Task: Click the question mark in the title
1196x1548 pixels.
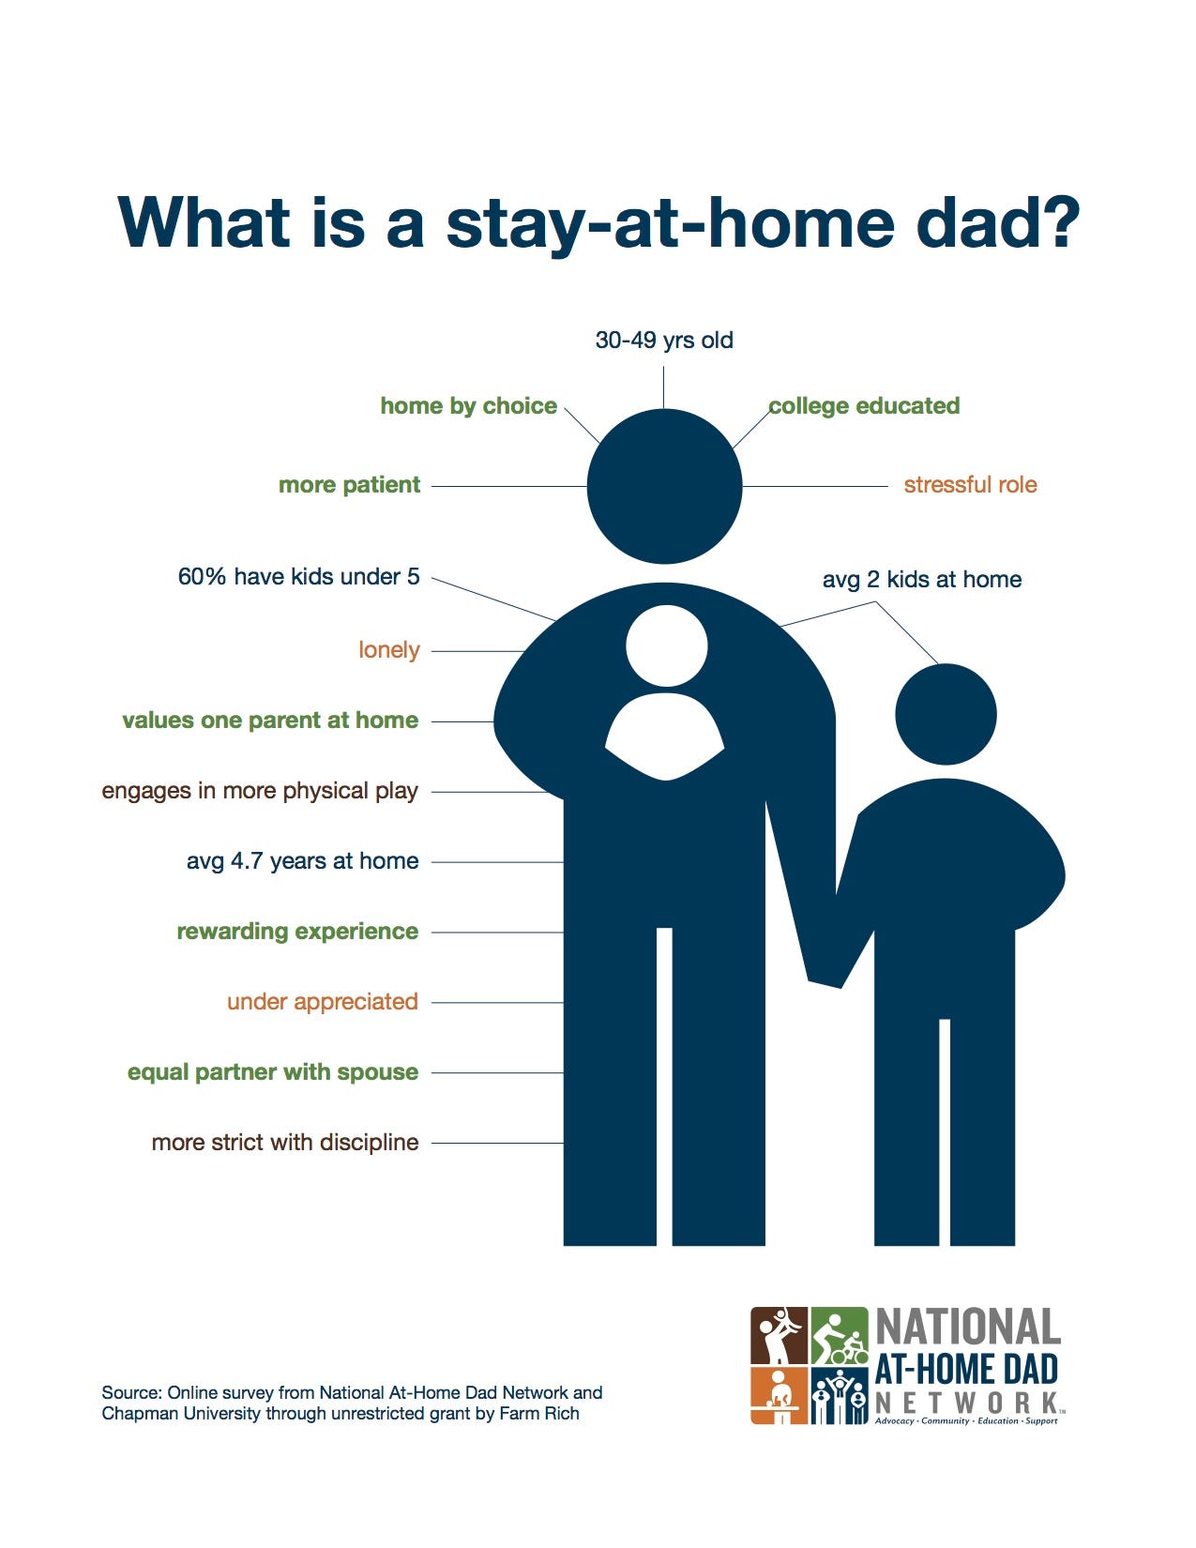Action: (x=1058, y=222)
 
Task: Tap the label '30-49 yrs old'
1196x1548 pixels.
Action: (x=664, y=341)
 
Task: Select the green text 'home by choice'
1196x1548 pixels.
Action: (x=468, y=406)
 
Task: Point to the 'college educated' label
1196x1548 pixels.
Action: (x=864, y=406)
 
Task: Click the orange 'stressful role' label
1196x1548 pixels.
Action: (x=970, y=485)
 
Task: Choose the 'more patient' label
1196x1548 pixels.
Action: (x=349, y=485)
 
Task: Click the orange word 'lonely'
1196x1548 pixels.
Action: (x=389, y=650)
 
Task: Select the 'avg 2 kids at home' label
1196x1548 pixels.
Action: (x=922, y=579)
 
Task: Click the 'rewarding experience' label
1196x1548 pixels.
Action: (x=297, y=932)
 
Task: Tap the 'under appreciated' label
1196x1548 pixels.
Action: (x=322, y=1002)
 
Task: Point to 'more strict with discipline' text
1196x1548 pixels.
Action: (x=285, y=1143)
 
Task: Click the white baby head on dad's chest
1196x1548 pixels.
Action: (x=667, y=646)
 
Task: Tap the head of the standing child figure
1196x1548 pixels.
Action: (x=946, y=715)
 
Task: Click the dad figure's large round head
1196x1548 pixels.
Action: (x=665, y=487)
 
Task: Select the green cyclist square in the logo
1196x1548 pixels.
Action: (x=840, y=1336)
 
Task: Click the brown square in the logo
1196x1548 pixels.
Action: (x=780, y=1336)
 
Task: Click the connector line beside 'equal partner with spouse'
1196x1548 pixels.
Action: (x=497, y=1073)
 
